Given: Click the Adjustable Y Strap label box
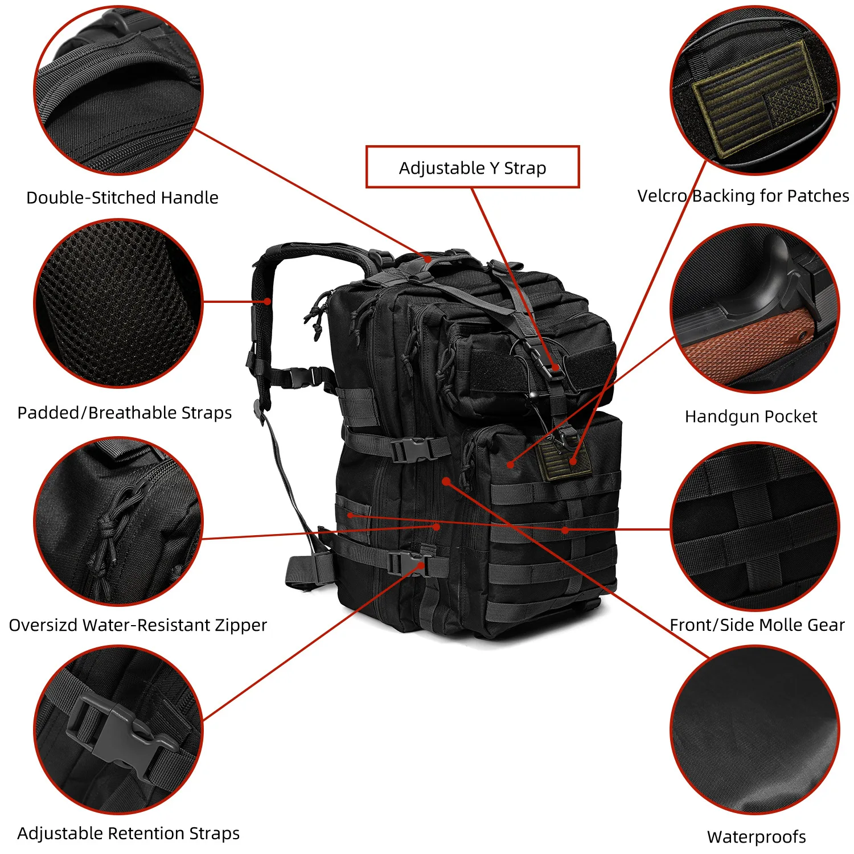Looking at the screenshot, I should [472, 167].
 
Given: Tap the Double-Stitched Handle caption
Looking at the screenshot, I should [122, 198].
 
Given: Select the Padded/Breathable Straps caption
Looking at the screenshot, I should [125, 412].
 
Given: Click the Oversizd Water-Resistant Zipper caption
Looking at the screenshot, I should [138, 625].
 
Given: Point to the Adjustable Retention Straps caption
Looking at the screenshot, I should [129, 833].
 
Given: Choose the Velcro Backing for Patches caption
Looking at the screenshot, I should [743, 196].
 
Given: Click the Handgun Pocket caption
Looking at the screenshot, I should [751, 416].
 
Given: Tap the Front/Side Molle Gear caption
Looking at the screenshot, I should [757, 625].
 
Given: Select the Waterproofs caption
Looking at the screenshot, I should [756, 836].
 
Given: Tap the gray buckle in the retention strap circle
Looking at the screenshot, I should [122, 732].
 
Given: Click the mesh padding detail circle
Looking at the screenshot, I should [118, 303].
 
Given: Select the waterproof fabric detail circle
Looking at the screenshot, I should [755, 730].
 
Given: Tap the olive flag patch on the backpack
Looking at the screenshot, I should [564, 458].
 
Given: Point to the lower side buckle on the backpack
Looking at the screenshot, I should [405, 563].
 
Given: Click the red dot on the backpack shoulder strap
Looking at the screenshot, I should [267, 301].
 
